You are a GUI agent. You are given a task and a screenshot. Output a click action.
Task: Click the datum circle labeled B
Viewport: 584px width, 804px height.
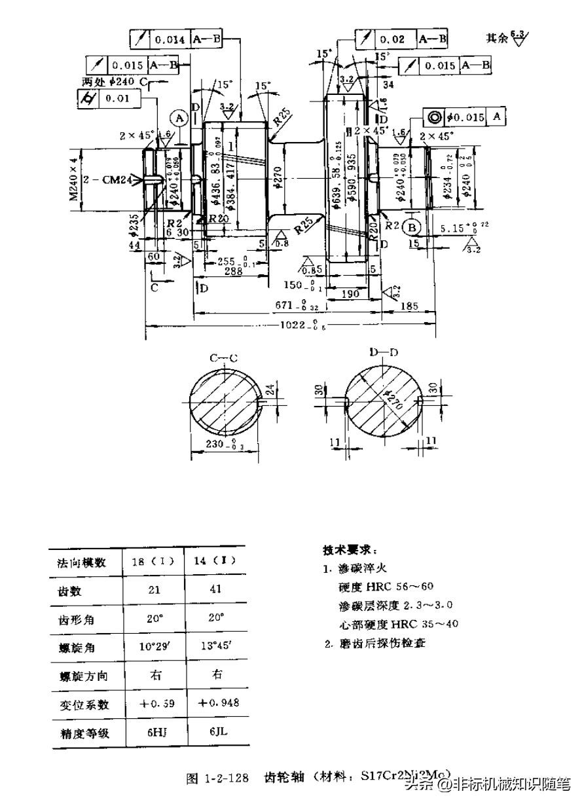pyautogui.click(x=412, y=227)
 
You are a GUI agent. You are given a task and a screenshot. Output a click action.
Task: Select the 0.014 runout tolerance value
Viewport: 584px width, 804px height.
pyautogui.click(x=170, y=39)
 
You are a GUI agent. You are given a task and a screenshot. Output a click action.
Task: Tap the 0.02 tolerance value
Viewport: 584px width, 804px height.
pyautogui.click(x=394, y=39)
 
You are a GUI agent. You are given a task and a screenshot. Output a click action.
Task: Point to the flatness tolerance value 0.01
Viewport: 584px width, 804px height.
pyautogui.click(x=120, y=98)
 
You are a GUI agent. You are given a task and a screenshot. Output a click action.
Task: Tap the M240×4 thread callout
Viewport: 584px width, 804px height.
pyautogui.click(x=75, y=177)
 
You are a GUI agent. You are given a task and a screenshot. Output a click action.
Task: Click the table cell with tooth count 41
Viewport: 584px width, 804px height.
pyautogui.click(x=216, y=589)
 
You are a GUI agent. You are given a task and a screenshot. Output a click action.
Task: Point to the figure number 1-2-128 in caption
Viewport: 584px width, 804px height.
pyautogui.click(x=227, y=778)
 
